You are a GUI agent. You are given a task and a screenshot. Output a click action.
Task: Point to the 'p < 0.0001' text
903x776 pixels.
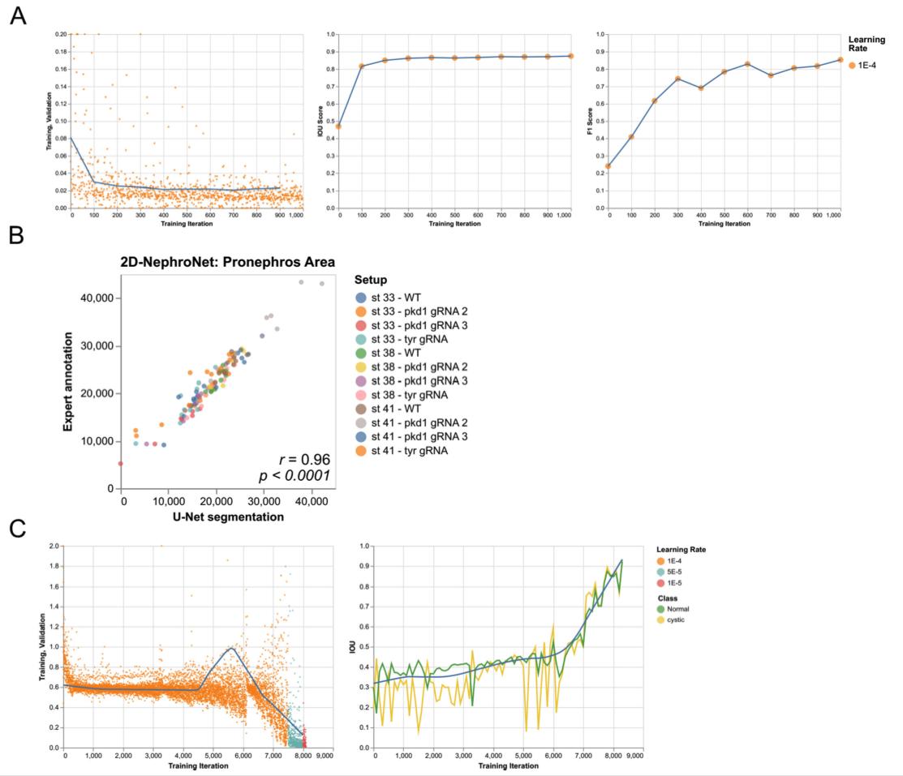[x=298, y=475]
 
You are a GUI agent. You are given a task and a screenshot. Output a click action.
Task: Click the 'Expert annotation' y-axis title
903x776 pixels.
[x=69, y=381]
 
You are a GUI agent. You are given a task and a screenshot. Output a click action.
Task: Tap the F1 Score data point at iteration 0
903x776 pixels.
[x=608, y=166]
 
